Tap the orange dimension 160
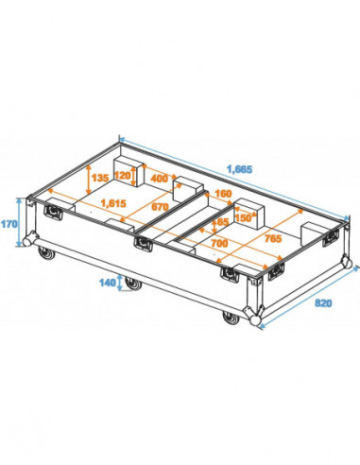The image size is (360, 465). [223, 195]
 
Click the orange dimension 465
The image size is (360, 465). [219, 223]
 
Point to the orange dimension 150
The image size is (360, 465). [245, 218]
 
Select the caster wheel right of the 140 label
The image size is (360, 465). [138, 283]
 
